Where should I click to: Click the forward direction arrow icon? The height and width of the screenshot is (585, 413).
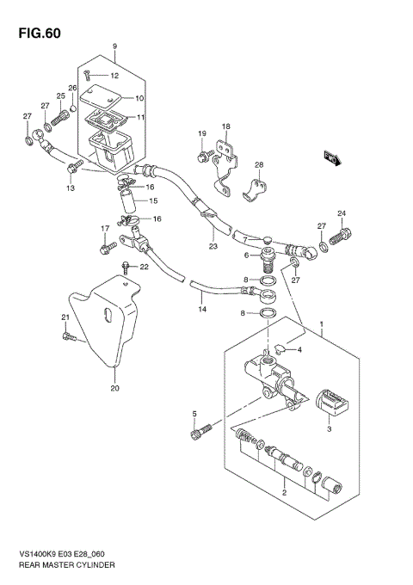pyautogui.click(x=331, y=157)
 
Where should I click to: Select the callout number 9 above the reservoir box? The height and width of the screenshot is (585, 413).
pyautogui.click(x=113, y=46)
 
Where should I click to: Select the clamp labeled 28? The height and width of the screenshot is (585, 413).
pyautogui.click(x=257, y=187)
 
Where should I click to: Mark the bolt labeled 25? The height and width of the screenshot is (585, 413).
pyautogui.click(x=64, y=114)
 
